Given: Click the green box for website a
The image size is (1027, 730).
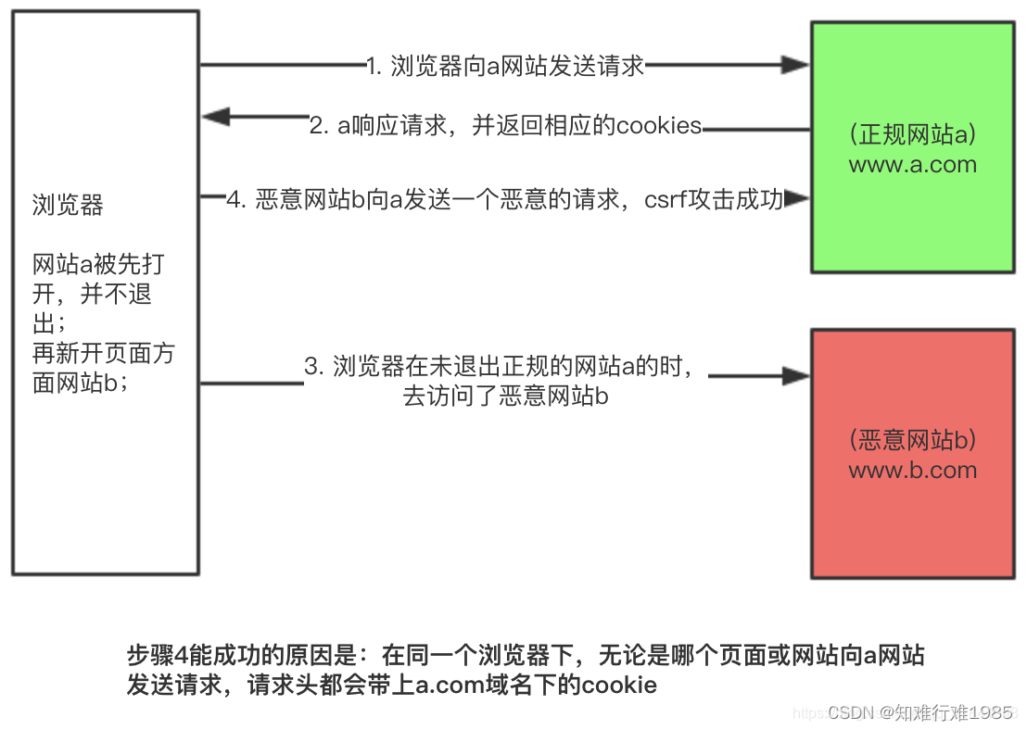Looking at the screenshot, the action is [x=913, y=147].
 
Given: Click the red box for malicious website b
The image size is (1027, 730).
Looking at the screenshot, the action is [x=913, y=454].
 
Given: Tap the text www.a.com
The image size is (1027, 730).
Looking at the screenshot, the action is [x=913, y=164].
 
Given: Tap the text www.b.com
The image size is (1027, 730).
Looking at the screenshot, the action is [x=913, y=470].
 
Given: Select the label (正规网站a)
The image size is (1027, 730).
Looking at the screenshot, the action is [x=913, y=134].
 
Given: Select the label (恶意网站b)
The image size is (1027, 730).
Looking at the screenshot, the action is [x=913, y=440].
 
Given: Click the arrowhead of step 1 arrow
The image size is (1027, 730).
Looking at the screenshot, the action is [x=796, y=65].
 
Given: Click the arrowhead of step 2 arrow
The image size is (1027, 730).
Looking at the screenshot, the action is [x=216, y=117].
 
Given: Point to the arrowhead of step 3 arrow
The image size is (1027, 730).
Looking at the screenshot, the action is [x=796, y=376].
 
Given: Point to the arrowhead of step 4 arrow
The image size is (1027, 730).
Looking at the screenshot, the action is [x=797, y=197].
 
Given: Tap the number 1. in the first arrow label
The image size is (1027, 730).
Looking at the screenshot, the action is [x=374, y=66].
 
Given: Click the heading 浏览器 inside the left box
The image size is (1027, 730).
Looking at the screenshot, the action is [x=68, y=205].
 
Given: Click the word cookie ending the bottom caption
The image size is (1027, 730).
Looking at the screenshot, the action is [x=619, y=685].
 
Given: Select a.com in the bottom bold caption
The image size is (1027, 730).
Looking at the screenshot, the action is [x=450, y=685].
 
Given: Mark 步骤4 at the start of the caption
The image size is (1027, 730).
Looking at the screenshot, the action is [x=158, y=655].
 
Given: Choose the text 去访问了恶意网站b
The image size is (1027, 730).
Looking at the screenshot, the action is [x=506, y=396].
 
